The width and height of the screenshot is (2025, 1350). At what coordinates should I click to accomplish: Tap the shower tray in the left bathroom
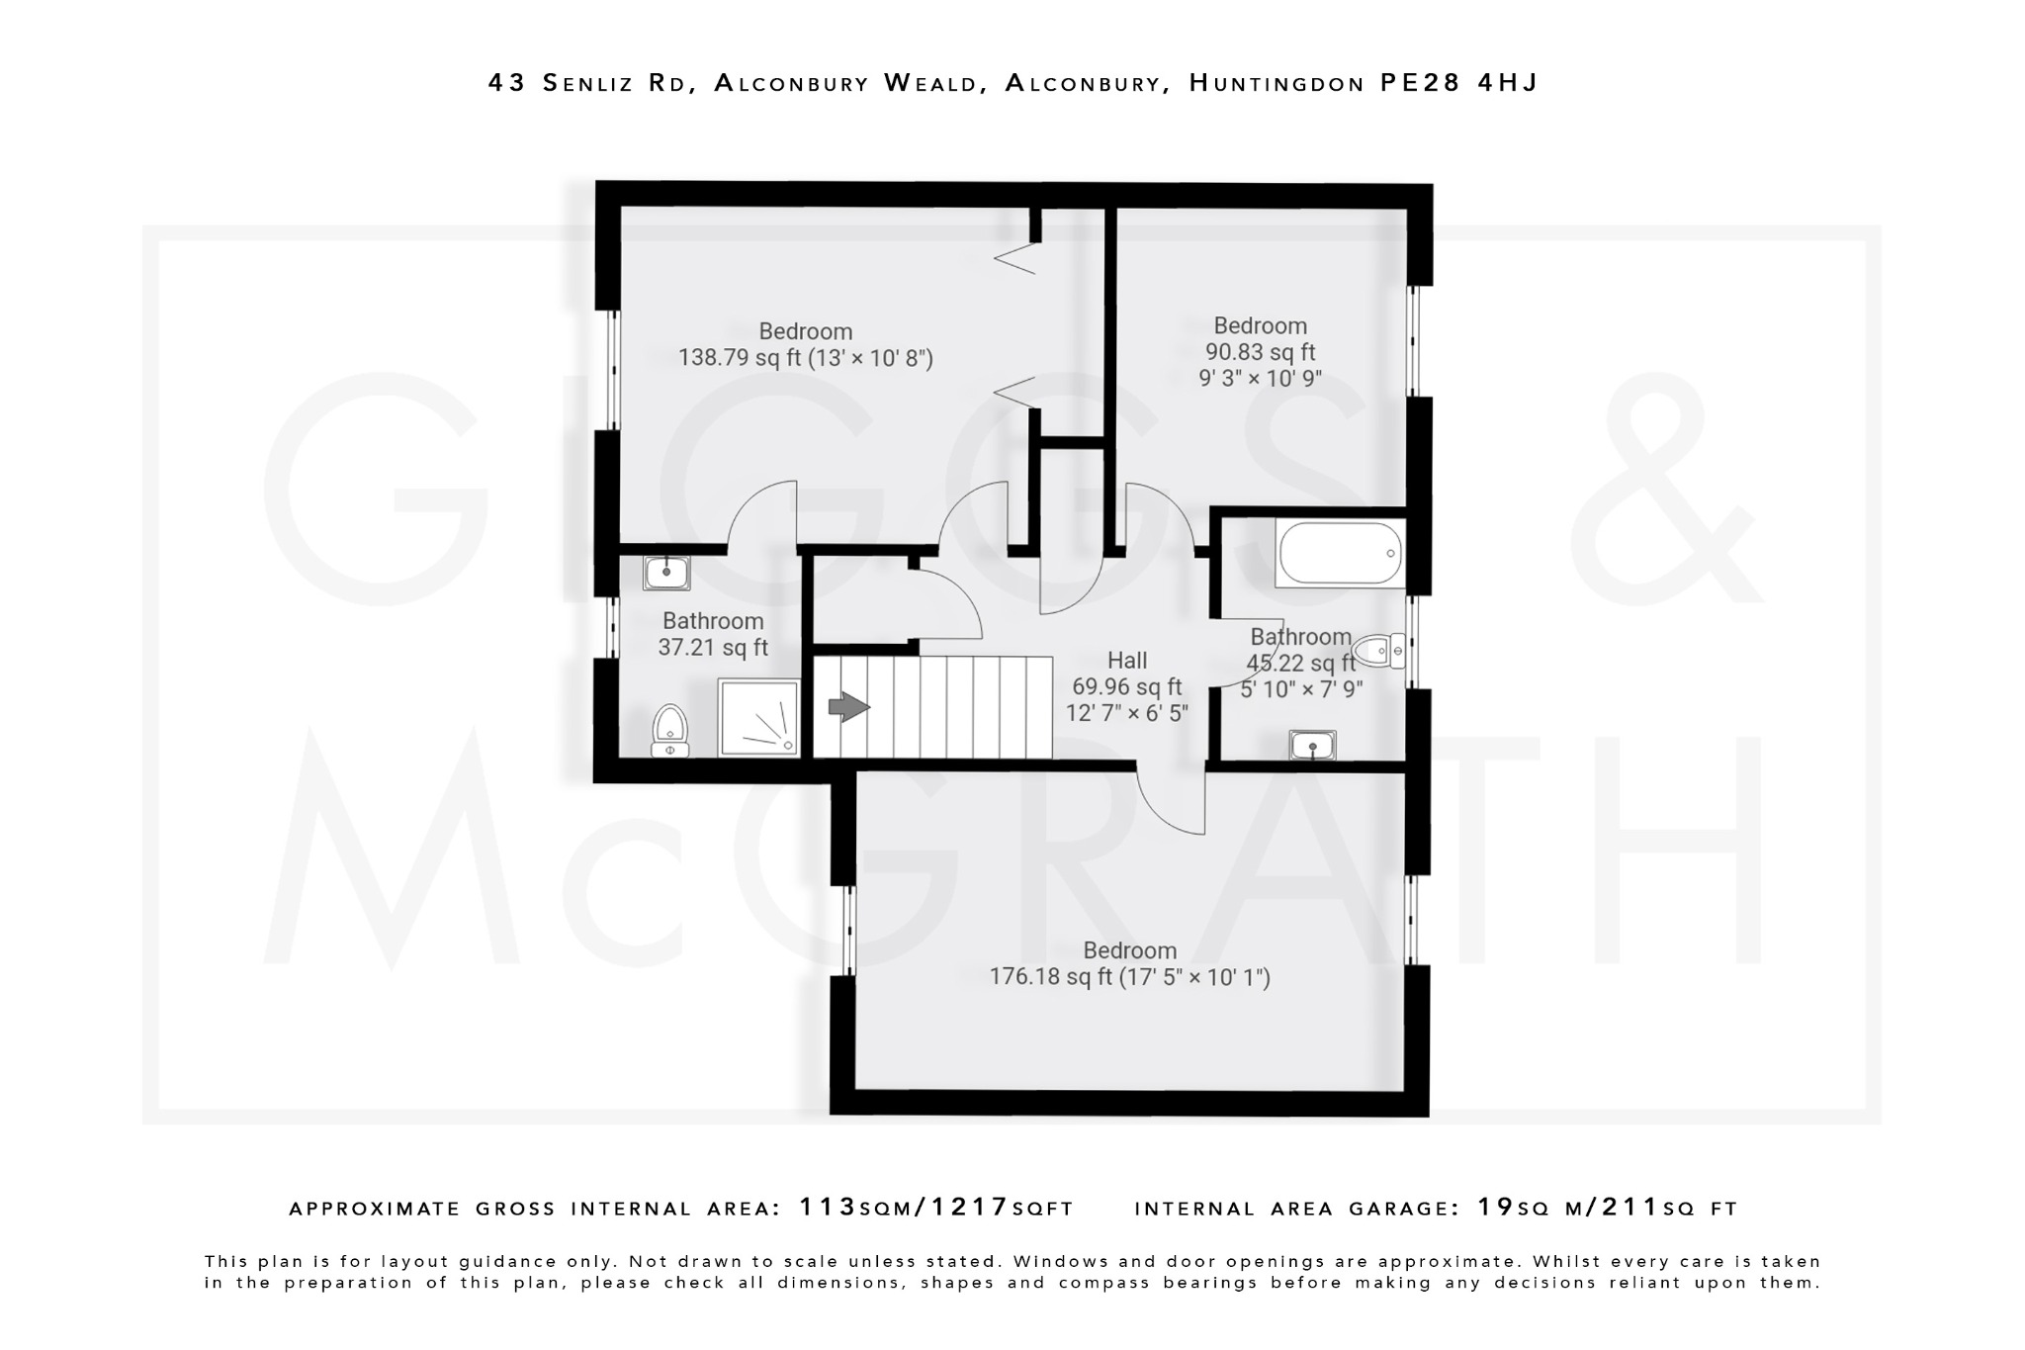pos(757,718)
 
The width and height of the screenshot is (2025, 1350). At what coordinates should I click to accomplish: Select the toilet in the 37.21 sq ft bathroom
pos(670,730)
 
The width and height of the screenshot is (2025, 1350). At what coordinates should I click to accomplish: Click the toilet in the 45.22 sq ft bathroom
pos(1379,651)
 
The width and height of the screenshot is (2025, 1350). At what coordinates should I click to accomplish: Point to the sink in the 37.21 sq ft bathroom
pos(665,572)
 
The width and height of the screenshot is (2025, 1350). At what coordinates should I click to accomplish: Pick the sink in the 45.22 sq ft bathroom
pos(1312,746)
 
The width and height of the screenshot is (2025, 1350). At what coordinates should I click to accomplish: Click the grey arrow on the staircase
pos(847,707)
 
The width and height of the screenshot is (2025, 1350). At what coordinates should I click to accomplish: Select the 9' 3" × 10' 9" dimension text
pos(1260,379)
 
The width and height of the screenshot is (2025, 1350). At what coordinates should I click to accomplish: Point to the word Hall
pos(1127,661)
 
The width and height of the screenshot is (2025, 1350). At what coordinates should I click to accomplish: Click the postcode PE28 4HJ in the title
pos(1458,83)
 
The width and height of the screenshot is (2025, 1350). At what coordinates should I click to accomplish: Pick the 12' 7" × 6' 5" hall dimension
pos(1126,713)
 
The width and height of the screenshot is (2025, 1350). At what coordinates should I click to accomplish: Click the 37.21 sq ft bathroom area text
pos(713,648)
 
